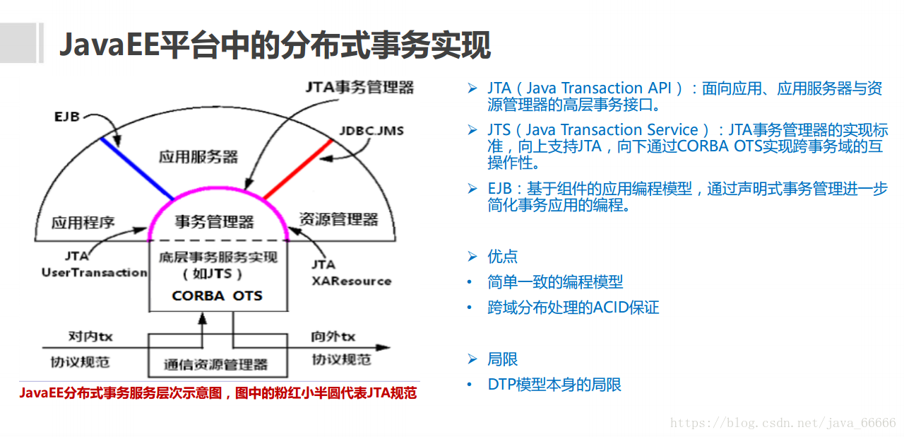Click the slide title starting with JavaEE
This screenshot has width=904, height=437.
(275, 45)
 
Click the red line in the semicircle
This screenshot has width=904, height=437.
(297, 169)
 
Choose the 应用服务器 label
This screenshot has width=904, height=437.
(198, 156)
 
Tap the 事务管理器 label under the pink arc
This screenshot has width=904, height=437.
(214, 222)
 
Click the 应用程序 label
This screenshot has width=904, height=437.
(83, 223)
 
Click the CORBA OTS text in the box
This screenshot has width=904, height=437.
(217, 296)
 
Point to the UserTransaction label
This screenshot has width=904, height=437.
(95, 273)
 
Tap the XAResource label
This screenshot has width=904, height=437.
(351, 281)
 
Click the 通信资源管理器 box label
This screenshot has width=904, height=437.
(216, 365)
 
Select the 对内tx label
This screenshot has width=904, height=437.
(90, 337)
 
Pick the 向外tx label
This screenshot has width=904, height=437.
(333, 337)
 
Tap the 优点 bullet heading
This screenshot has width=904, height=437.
(502, 257)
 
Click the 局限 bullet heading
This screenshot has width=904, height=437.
(502, 359)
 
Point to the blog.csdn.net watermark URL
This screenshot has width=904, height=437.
(783, 423)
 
